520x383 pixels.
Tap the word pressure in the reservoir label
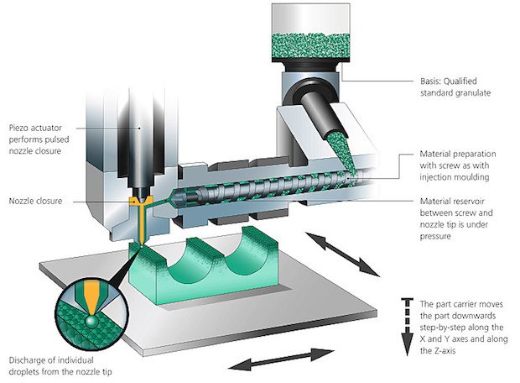click(437, 239)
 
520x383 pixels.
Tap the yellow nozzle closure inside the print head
click(138, 204)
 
